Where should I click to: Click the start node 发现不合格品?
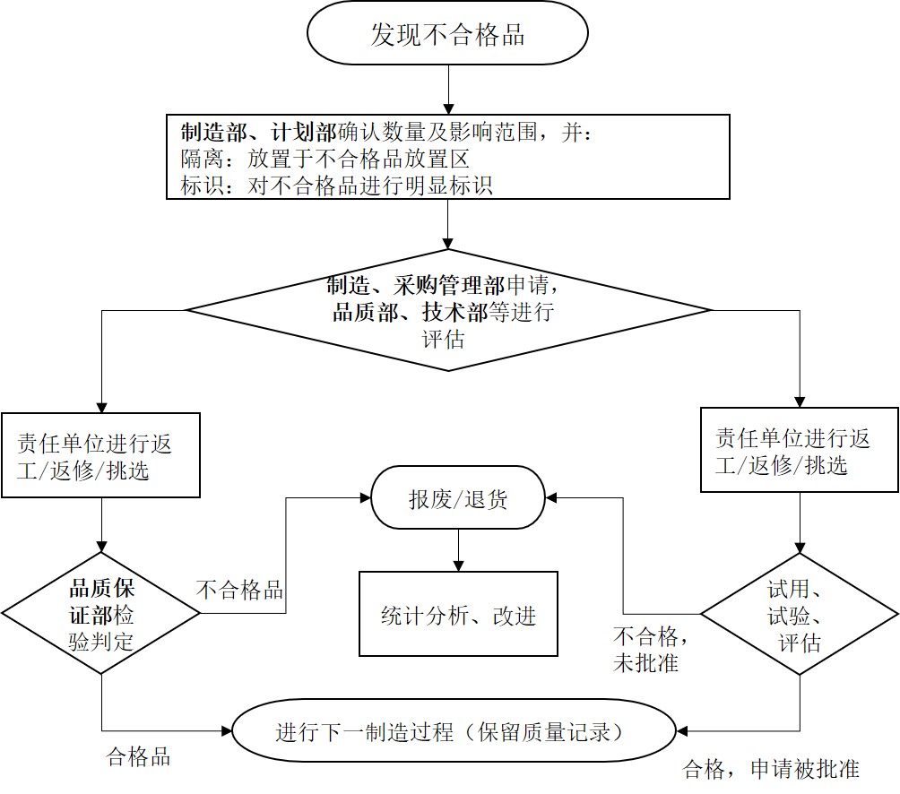[447, 34]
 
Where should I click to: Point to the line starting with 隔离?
[325, 160]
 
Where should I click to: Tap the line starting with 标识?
[336, 186]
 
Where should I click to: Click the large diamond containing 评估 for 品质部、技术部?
[447, 310]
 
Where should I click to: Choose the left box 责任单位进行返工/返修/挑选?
[100, 455]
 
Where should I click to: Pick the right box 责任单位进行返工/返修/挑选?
[799, 451]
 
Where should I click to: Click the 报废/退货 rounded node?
[458, 498]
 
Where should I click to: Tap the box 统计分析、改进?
[458, 615]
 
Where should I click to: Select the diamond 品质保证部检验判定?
[101, 614]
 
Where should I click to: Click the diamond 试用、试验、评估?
[799, 615]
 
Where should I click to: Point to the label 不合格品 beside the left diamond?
[239, 590]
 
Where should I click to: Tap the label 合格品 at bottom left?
[137, 755]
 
